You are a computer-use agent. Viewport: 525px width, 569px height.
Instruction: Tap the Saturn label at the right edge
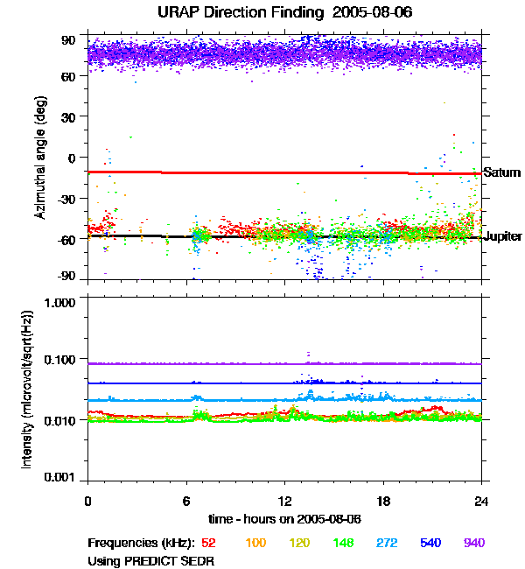point(502,172)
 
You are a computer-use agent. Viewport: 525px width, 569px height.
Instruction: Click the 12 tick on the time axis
point(284,501)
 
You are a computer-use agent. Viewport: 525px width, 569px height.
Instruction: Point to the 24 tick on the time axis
point(481,501)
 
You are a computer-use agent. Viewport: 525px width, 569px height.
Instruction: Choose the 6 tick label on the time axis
point(186,501)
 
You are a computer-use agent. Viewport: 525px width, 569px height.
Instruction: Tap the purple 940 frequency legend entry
point(474,544)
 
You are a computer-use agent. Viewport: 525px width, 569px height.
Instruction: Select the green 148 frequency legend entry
point(344,544)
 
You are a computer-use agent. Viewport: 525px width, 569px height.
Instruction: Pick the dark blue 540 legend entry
point(430,544)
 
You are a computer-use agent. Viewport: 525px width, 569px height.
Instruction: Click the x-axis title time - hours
point(284,518)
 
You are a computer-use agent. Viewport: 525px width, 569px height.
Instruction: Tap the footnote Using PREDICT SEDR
point(151,560)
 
